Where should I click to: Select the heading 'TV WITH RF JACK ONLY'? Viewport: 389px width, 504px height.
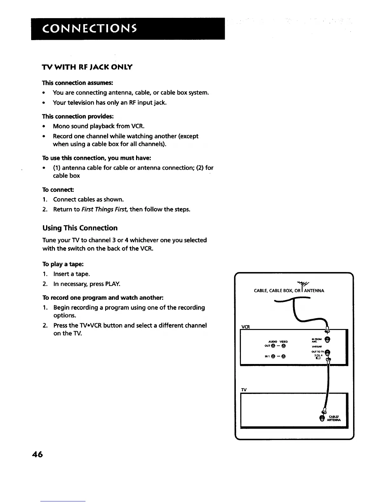(87, 67)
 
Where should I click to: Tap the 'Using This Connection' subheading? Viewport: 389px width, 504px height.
(80, 228)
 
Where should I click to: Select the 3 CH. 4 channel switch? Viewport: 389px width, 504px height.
(317, 357)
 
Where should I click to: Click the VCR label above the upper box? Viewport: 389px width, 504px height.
(246, 327)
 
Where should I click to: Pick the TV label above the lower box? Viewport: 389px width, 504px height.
(244, 390)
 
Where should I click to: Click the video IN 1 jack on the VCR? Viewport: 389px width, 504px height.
(283, 356)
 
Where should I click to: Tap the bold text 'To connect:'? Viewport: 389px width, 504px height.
(58, 190)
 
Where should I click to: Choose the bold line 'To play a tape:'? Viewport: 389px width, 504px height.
(63, 264)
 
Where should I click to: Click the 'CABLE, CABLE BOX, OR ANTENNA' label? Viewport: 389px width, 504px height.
(289, 290)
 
